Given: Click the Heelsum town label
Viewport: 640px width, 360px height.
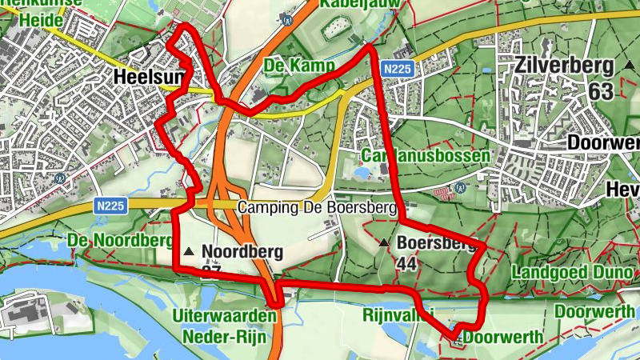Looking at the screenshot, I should pos(150,78).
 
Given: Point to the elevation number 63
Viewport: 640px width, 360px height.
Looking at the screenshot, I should pos(600,91).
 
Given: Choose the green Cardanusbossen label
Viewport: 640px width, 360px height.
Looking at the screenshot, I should pos(425,155).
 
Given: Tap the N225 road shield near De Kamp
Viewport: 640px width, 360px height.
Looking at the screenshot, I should pos(397,70).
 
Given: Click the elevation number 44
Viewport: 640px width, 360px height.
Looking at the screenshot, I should pos(406,265).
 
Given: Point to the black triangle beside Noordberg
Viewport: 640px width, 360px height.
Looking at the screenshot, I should pos(189,252).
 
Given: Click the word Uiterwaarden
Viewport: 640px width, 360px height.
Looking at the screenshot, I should pos(224,317).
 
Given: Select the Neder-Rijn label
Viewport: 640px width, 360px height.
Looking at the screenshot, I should pos(224,336).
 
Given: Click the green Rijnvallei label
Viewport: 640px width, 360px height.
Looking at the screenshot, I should pos(398,314).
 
